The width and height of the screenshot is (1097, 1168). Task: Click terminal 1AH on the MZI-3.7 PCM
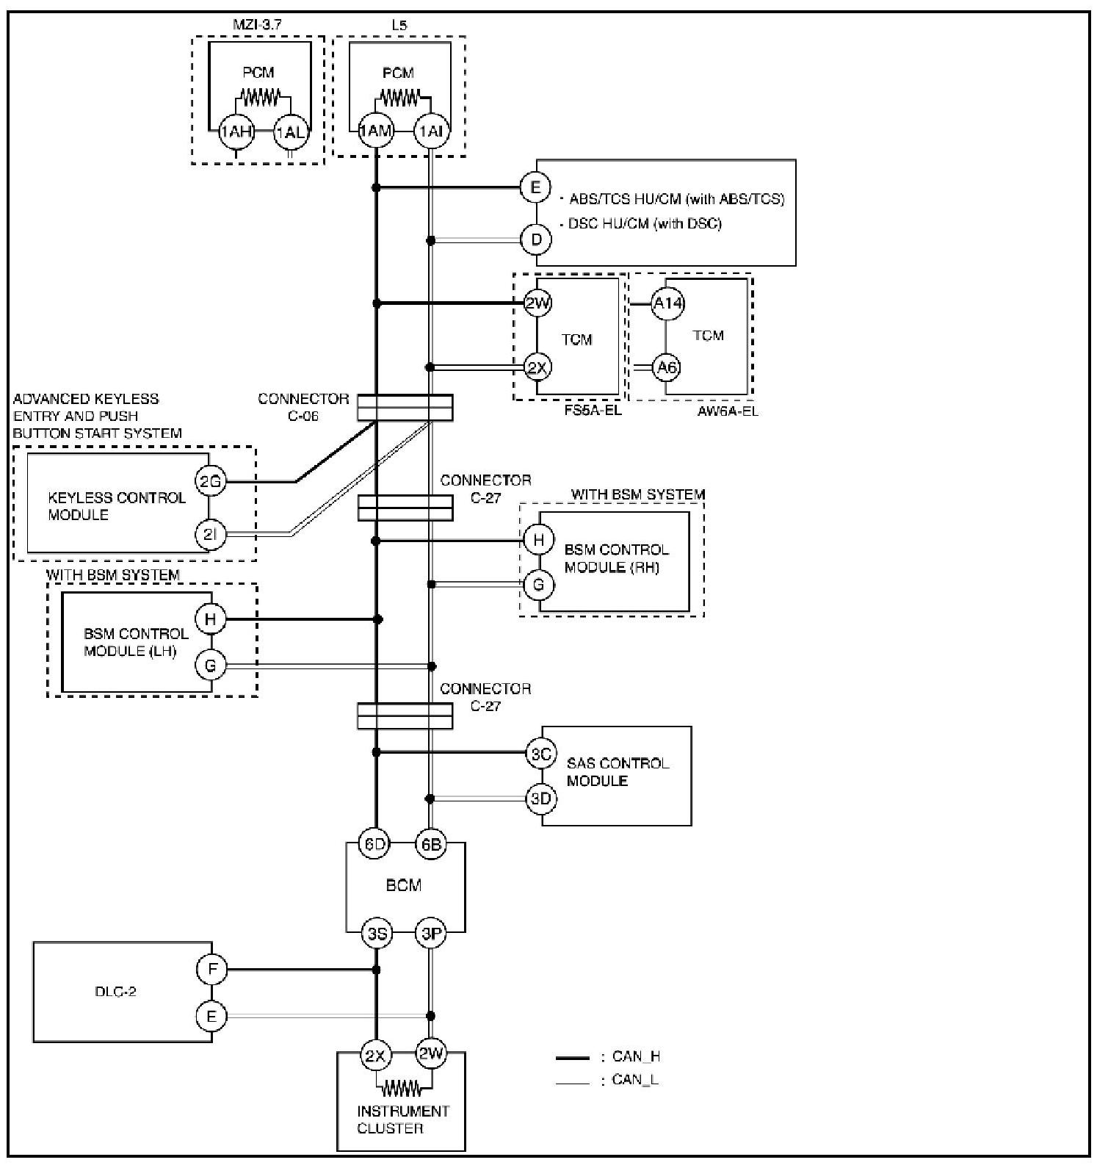[236, 132]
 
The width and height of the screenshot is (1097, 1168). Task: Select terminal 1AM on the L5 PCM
[376, 132]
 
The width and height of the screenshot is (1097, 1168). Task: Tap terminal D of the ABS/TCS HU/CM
[536, 239]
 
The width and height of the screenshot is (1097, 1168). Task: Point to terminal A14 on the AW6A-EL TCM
[667, 303]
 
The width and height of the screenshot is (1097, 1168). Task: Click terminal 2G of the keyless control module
[210, 482]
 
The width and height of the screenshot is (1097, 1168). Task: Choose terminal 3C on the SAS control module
[541, 754]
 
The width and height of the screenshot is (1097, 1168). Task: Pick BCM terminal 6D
[375, 844]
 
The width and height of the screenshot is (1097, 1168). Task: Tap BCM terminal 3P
[431, 934]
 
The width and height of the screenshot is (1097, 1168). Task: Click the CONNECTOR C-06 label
[303, 407]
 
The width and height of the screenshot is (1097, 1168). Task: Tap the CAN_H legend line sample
[573, 1059]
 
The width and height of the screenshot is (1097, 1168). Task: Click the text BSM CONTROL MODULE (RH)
[616, 558]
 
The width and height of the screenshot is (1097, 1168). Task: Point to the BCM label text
[403, 885]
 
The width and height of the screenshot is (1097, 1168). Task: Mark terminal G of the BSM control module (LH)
[211, 666]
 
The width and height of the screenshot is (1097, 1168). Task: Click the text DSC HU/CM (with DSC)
[645, 223]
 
